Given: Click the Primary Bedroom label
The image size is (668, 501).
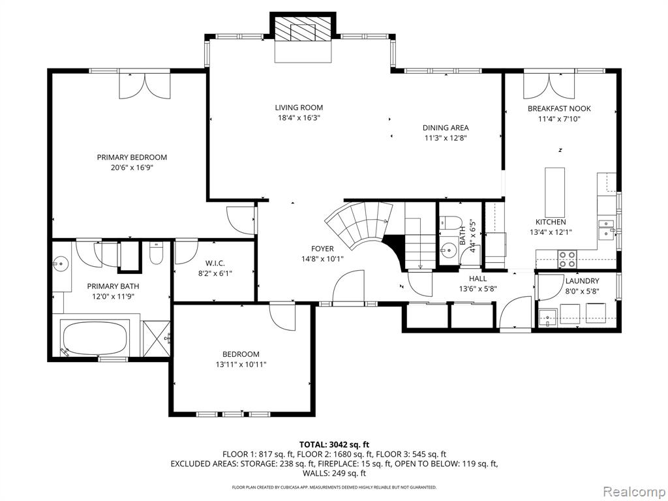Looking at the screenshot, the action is (132, 157).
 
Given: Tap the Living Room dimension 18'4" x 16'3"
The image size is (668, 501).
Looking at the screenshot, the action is (298, 118).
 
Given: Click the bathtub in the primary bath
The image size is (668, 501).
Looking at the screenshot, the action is (94, 337).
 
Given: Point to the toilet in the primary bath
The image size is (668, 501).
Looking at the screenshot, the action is (157, 253).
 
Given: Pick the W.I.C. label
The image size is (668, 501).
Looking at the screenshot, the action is (215, 264).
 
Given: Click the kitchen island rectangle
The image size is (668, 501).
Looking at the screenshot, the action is (555, 192).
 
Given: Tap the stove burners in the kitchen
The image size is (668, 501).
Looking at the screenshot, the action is (567, 259).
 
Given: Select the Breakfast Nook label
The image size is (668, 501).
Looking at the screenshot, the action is (559, 109).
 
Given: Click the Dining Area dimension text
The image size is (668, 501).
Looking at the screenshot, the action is (446, 138).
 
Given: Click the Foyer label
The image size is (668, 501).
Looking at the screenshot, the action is (322, 249).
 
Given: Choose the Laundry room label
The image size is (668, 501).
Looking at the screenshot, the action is (582, 281).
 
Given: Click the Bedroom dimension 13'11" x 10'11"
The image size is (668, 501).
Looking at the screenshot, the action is (241, 365).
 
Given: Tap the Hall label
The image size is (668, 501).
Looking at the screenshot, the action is (478, 279).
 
